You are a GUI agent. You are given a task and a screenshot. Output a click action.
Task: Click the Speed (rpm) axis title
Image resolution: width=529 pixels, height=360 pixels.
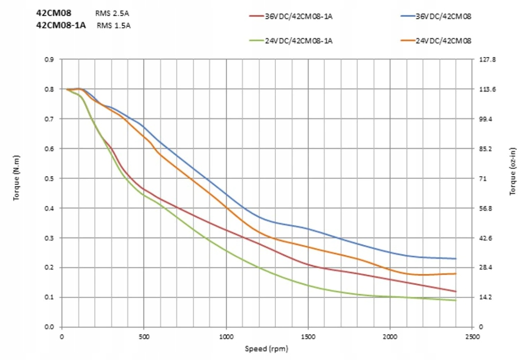point(267,349)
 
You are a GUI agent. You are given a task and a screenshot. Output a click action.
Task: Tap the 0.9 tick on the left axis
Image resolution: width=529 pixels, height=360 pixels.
point(50,59)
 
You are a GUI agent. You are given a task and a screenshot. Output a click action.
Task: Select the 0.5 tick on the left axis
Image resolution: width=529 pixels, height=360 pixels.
point(50,178)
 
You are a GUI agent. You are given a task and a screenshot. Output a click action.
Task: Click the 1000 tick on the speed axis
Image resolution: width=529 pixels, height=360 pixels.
point(226,337)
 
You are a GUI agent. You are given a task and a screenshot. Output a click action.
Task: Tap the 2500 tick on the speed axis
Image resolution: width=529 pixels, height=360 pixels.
point(472,337)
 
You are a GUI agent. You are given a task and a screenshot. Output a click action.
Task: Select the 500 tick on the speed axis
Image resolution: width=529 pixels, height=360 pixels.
point(144,337)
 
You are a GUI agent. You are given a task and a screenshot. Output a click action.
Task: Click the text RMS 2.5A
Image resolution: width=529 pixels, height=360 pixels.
point(112,13)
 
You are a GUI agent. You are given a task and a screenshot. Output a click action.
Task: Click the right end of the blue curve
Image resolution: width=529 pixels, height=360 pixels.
point(456,258)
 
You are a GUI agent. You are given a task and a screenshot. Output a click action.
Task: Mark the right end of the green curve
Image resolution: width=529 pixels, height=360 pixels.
point(456,300)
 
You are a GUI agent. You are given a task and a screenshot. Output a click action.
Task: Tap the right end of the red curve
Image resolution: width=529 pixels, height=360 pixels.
point(456,291)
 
